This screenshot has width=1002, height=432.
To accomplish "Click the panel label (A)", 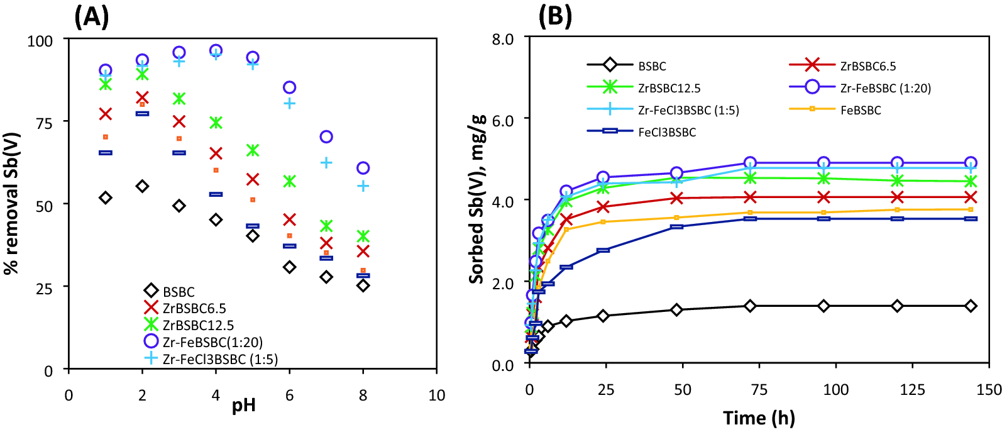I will pyautogui.click(x=91, y=17).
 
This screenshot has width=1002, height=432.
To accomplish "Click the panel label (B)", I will pyautogui.click(x=554, y=17).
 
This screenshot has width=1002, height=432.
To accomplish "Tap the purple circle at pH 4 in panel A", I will pyautogui.click(x=216, y=50).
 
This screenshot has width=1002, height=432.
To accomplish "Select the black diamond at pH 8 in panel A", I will pyautogui.click(x=363, y=285).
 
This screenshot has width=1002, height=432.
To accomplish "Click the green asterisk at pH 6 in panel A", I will pyautogui.click(x=289, y=181).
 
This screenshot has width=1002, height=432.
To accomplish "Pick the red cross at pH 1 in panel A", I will pyautogui.click(x=106, y=114).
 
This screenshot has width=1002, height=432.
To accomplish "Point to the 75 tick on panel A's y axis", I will pyautogui.click(x=44, y=123).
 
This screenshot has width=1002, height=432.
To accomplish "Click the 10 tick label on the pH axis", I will pyautogui.click(x=436, y=396).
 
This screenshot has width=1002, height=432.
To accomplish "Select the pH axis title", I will pyautogui.click(x=244, y=406).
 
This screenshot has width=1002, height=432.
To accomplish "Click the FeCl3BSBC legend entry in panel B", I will pyautogui.click(x=666, y=132).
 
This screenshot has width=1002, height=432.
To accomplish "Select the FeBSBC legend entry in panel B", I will pyautogui.click(x=861, y=110).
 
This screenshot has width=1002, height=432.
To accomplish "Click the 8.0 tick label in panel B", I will pyautogui.click(x=502, y=39).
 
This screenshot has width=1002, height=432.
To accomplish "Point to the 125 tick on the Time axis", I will pyautogui.click(x=912, y=390).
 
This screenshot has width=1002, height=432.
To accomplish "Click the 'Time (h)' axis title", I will pyautogui.click(x=759, y=418).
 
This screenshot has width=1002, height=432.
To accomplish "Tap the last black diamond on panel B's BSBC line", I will pyautogui.click(x=971, y=306).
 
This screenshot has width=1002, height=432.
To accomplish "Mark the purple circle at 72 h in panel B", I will pyautogui.click(x=750, y=163).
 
